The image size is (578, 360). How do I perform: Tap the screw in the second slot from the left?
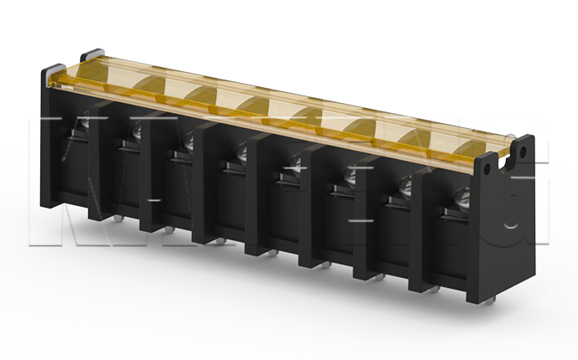[x=134, y=129]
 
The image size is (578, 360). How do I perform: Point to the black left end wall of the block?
[x=50, y=142]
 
